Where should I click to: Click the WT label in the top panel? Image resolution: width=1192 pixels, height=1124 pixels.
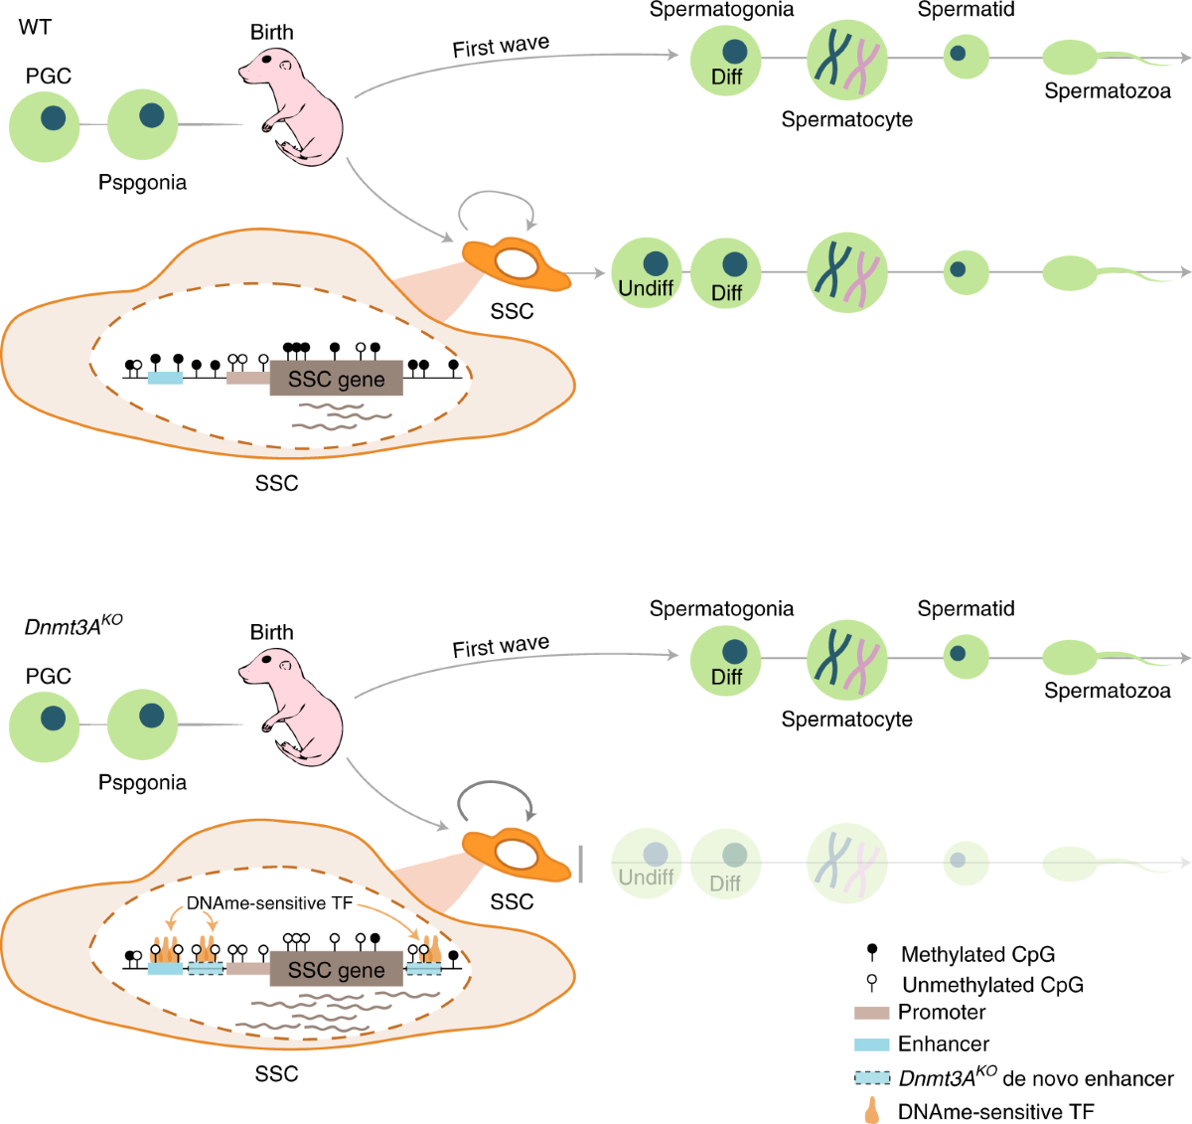tap(35, 27)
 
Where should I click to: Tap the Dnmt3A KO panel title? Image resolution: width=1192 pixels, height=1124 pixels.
tap(74, 626)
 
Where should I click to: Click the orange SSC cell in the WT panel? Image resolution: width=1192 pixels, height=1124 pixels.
tap(516, 264)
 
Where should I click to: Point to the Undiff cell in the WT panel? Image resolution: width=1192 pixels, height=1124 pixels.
tap(646, 272)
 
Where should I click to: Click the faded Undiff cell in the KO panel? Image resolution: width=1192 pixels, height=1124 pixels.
tap(646, 863)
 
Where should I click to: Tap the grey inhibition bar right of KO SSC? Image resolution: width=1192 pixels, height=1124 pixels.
tap(580, 863)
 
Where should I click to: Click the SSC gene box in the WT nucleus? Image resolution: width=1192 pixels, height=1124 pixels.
tap(336, 379)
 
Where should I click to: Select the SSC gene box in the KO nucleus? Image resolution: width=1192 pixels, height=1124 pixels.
tap(336, 969)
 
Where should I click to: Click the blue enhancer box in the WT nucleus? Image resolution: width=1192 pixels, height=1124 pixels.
tap(165, 378)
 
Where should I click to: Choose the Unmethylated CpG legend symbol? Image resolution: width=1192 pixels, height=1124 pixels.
tap(872, 984)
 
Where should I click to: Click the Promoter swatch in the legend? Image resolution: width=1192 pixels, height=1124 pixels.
tap(871, 1013)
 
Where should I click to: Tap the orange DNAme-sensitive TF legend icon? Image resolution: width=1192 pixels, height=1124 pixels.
tap(871, 1110)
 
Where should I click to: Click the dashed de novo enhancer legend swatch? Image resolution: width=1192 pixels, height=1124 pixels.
tap(871, 1077)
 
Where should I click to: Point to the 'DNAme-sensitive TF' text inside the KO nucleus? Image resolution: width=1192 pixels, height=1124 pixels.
tap(269, 903)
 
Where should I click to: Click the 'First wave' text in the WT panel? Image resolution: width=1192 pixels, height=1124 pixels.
tap(501, 47)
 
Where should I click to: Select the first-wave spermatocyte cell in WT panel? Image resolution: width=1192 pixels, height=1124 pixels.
tap(846, 59)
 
